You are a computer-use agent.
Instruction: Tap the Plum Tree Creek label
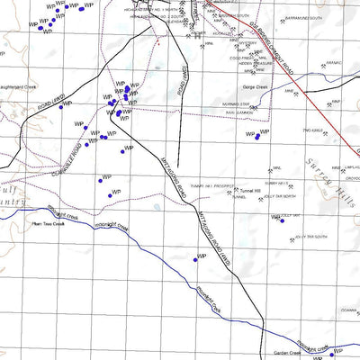pyautogui.click(x=49, y=224)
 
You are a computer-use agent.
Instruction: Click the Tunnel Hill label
pyautogui.click(x=247, y=192)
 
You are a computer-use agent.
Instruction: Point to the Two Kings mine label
pyautogui.click(x=312, y=130)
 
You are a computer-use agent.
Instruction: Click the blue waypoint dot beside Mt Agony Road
pyautogui.click(x=195, y=260)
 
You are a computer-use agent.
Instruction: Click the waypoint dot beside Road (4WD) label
pyautogui.click(x=61, y=106)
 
